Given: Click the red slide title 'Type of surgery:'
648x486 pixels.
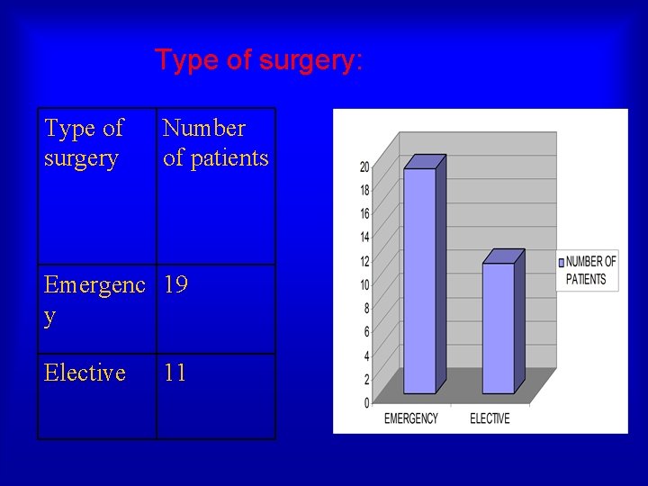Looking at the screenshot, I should [x=259, y=60].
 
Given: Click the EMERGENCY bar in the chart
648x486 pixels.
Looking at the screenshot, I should [x=419, y=279].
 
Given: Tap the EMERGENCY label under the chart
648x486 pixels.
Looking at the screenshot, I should [x=411, y=418].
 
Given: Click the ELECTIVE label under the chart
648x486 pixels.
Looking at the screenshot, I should [x=490, y=418].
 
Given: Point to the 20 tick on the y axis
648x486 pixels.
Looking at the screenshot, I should [x=364, y=166].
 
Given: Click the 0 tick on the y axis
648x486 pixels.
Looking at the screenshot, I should [x=366, y=402].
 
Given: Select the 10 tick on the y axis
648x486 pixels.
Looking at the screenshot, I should [x=364, y=285].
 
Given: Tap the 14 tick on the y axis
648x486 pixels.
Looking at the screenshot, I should [x=364, y=238].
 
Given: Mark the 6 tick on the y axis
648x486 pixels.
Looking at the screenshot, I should [x=366, y=332].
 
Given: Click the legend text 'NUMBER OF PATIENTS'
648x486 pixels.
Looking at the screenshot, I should [x=590, y=270].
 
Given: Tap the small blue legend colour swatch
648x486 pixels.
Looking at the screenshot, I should [x=561, y=263].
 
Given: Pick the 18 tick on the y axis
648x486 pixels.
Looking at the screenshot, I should [x=364, y=191].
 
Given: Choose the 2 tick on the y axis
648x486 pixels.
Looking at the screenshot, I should [x=366, y=379].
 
